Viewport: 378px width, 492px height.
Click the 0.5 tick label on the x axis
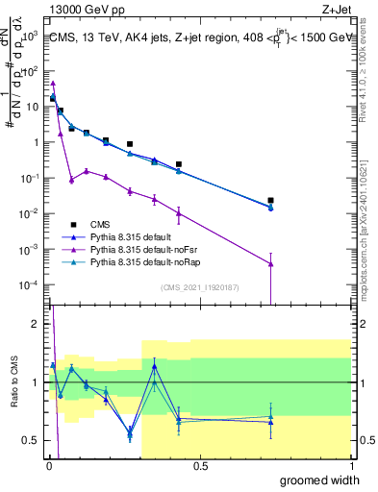(x=200, y=466)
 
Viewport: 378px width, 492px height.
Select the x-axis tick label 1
(x=352, y=466)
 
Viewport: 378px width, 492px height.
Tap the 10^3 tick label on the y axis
(x=31, y=36)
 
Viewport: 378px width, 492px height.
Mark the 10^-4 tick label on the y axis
(x=31, y=284)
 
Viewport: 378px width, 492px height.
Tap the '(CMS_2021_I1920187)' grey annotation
(x=199, y=287)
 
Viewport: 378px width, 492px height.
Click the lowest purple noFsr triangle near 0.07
(x=71, y=180)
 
